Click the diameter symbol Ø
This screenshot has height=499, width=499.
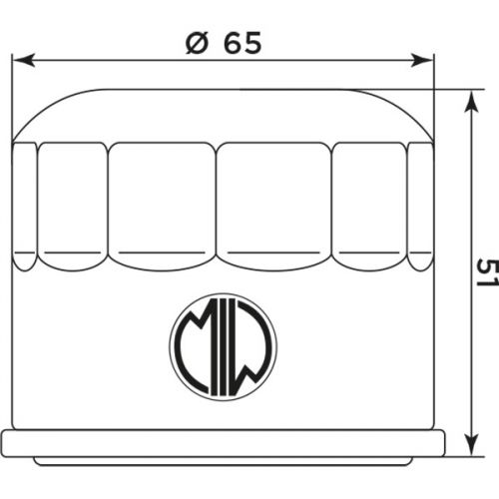coord(197,43)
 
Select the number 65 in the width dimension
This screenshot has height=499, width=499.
coord(245,43)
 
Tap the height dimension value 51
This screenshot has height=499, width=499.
coord(485,271)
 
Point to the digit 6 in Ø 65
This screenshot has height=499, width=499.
coord(233,43)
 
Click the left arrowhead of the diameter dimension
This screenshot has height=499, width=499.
coord(20,59)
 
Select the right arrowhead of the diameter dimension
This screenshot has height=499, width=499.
coord(427,59)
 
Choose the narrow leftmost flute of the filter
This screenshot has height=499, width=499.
coord(26,205)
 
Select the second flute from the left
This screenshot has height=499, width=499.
coord(73,205)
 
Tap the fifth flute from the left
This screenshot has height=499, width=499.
coord(368,205)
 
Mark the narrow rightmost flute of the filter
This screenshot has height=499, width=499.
coord(419,205)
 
